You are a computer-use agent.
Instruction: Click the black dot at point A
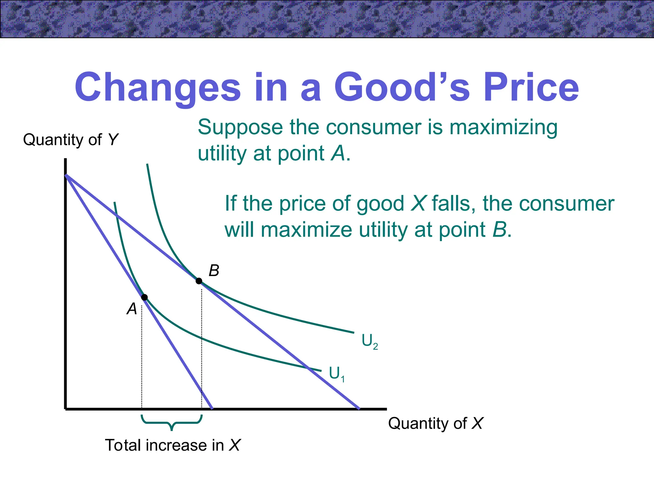pyautogui.click(x=144, y=297)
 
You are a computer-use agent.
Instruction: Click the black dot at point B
pyautogui.click(x=199, y=281)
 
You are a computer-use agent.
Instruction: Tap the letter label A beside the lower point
pyautogui.click(x=132, y=309)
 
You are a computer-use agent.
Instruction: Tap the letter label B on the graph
pyautogui.click(x=214, y=271)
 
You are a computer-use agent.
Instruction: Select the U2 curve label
pyautogui.click(x=369, y=341)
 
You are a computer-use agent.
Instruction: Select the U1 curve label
pyautogui.click(x=337, y=374)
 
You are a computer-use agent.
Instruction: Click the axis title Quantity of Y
pyautogui.click(x=71, y=140)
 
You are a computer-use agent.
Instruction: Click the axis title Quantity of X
pyautogui.click(x=436, y=423)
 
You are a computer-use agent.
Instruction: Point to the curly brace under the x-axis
pyautogui.click(x=171, y=422)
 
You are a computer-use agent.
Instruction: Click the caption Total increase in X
pyautogui.click(x=172, y=445)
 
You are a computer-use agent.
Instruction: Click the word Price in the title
pyautogui.click(x=531, y=87)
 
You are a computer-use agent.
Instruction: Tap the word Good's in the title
pyautogui.click(x=402, y=87)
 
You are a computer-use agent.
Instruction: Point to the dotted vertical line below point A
pyautogui.click(x=141, y=355)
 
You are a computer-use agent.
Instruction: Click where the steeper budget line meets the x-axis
pyautogui.click(x=212, y=408)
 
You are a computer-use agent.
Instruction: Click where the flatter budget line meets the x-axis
pyautogui.click(x=359, y=408)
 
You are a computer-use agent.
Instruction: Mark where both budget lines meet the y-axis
pyautogui.click(x=66, y=175)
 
